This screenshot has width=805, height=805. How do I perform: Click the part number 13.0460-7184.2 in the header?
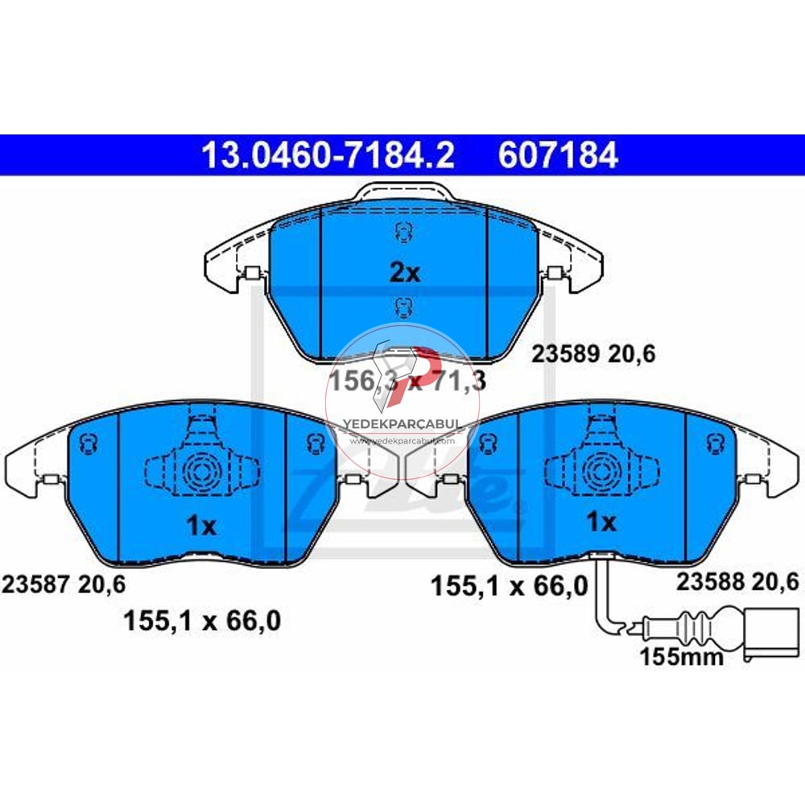click(328, 155)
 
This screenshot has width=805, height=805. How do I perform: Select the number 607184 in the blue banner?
click(558, 155)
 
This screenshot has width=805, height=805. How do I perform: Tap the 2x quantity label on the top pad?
click(405, 273)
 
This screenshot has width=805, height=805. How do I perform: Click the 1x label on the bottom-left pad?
click(200, 526)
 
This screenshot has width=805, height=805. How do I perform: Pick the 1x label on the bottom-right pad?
click(601, 522)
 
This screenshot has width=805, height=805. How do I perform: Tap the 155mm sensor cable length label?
click(681, 657)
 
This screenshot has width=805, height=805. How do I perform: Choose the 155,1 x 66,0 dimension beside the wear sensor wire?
click(510, 584)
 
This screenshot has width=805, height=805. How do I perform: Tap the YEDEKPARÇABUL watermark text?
click(401, 423)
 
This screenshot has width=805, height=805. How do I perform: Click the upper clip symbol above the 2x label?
click(401, 233)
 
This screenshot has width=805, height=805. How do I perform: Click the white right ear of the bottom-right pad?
click(774, 471)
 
